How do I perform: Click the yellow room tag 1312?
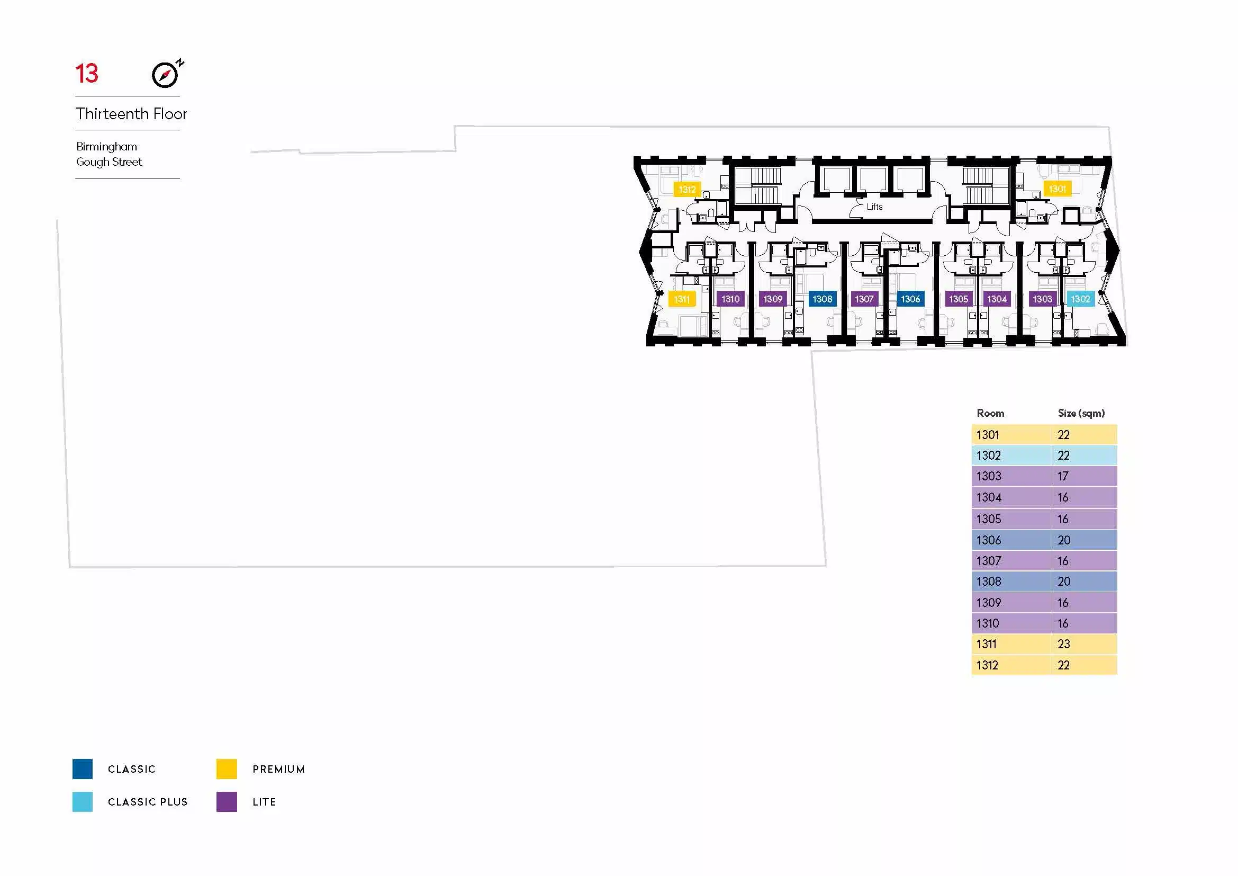tap(687, 189)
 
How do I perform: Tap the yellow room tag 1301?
tap(1057, 189)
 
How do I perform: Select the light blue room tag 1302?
tap(1081, 299)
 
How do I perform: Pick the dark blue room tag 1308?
tap(823, 299)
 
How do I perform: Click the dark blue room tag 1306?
tap(910, 299)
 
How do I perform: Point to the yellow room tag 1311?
tap(682, 299)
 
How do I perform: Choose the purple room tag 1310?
tap(730, 299)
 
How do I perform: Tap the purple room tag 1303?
tap(1042, 299)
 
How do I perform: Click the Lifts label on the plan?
tap(874, 207)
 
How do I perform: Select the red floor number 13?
tap(87, 74)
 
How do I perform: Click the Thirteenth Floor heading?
tap(131, 114)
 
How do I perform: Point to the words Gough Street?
tap(109, 162)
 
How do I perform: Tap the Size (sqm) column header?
tap(1081, 413)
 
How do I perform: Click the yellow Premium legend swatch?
tap(227, 769)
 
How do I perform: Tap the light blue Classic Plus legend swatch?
tap(83, 802)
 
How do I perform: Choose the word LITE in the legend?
tap(264, 802)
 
